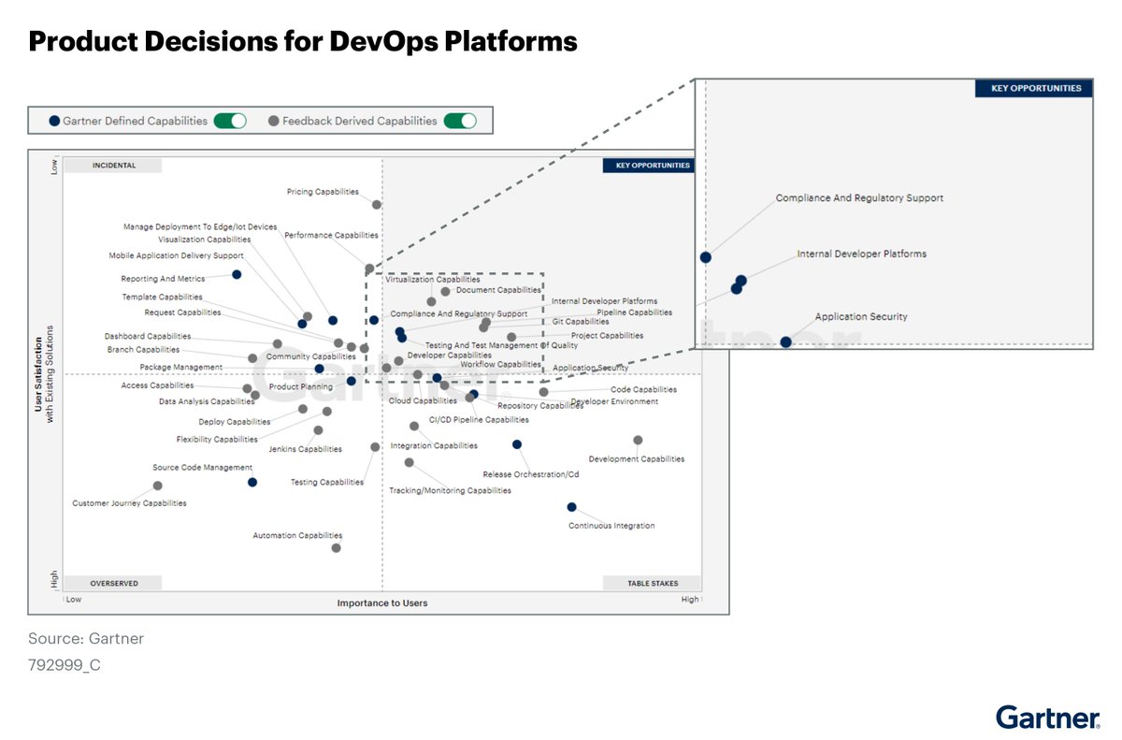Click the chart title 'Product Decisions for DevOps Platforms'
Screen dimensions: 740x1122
(x=303, y=41)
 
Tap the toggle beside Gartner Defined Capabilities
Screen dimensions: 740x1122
(x=230, y=121)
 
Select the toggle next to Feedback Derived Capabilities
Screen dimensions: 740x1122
(x=460, y=121)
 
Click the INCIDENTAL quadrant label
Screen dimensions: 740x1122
(x=113, y=166)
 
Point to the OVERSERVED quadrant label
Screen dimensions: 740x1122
(x=114, y=583)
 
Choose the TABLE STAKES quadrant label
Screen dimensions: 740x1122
(x=653, y=583)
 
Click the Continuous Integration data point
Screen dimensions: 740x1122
(x=571, y=507)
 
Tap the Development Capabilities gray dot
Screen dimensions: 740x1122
(x=638, y=440)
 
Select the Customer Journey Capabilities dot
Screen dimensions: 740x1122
(x=157, y=486)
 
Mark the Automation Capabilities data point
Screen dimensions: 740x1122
(x=336, y=548)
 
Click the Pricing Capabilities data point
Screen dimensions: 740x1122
(x=377, y=205)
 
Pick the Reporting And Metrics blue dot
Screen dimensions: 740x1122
(x=237, y=274)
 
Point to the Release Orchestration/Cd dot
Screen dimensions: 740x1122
(x=516, y=444)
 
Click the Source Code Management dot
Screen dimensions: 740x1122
(x=252, y=482)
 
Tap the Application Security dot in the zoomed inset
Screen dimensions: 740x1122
(x=785, y=342)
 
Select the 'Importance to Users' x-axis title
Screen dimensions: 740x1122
(x=381, y=603)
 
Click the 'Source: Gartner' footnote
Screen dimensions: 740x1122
(x=86, y=639)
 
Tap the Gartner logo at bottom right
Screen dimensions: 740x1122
(x=1047, y=718)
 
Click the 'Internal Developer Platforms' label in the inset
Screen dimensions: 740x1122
(x=861, y=254)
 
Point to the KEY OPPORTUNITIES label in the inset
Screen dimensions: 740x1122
(x=1028, y=89)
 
